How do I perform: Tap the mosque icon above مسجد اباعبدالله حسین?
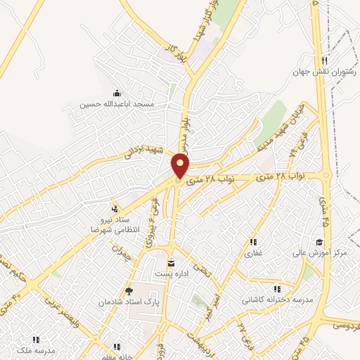[x=117, y=94]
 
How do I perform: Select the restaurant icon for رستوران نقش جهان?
[x=324, y=61]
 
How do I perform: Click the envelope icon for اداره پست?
[x=169, y=264]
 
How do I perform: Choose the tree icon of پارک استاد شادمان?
[x=127, y=290]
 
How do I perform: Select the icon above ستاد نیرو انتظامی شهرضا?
[x=114, y=208]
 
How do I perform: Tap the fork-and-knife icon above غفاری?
[x=252, y=243]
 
